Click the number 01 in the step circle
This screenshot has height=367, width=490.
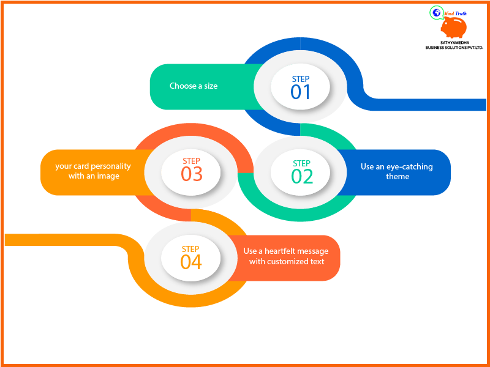point(300,92)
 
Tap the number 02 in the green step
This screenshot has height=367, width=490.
point(302,176)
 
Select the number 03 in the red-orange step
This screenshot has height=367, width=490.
point(192,174)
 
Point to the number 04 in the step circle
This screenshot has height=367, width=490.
point(191,262)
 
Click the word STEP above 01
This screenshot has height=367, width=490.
point(301,79)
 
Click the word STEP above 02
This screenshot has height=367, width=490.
point(301,163)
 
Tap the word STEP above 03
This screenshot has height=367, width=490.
point(191,161)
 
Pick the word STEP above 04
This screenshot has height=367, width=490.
point(190,249)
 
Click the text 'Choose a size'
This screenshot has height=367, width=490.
point(194,86)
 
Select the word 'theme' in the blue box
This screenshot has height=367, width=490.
point(398,176)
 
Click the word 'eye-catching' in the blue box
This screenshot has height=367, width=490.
point(409,167)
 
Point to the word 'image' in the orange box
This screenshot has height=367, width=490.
point(108,176)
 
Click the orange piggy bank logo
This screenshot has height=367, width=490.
point(454,28)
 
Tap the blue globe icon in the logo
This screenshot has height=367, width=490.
point(437,12)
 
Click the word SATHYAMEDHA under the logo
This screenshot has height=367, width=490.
point(454,42)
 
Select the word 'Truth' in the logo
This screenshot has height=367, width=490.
point(461,13)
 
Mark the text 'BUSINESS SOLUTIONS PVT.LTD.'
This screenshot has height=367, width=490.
point(454,48)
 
